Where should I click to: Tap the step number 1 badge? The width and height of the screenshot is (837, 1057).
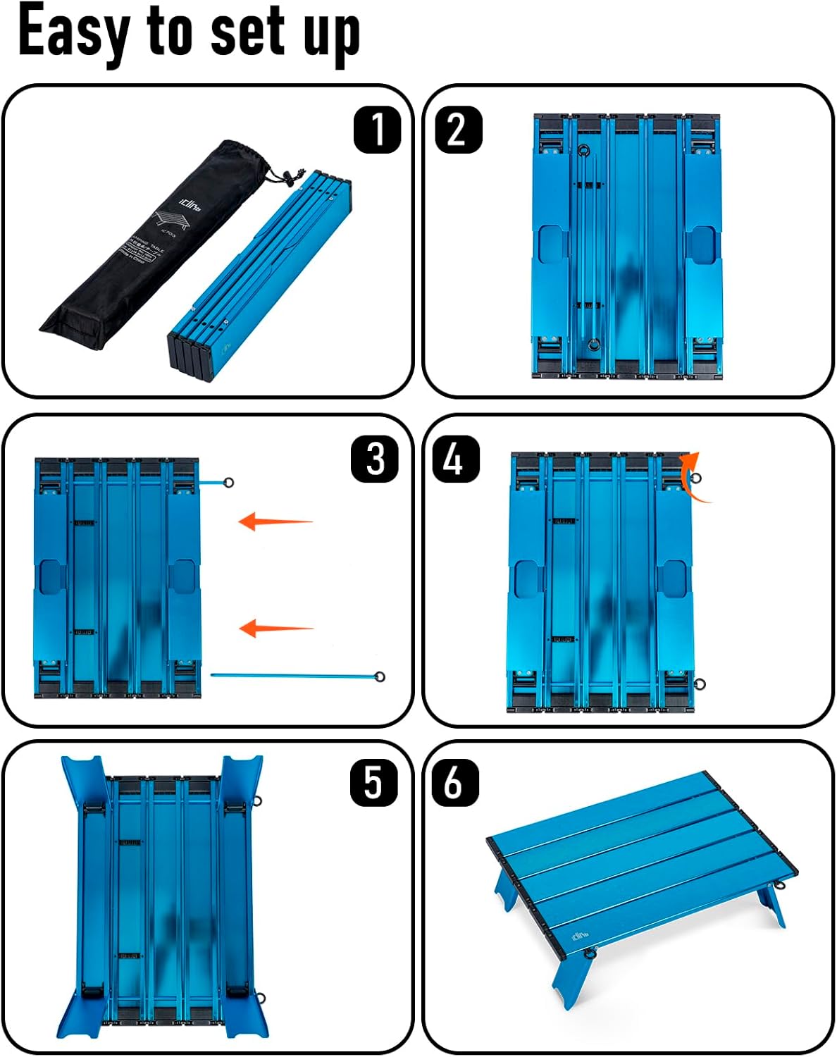point(377,130)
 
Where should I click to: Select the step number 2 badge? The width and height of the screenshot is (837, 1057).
point(459,130)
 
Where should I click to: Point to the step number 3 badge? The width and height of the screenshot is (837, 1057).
point(375,459)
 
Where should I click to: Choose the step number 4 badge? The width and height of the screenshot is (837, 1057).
point(456,459)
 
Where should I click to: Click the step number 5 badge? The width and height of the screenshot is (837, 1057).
point(373,783)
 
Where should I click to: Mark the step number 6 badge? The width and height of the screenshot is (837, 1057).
point(454,783)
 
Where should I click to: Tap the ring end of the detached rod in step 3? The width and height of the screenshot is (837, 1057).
point(380,677)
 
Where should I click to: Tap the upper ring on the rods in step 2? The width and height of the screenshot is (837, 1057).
point(583,150)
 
